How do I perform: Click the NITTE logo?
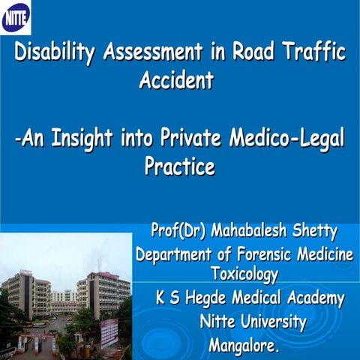pyautogui.click(x=16, y=17)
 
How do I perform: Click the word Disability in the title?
pyautogui.click(x=55, y=54)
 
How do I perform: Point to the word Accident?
pyautogui.click(x=176, y=80)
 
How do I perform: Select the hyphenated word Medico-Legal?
pyautogui.click(x=289, y=140)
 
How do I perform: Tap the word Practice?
pyautogui.click(x=179, y=166)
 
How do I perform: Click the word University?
pyautogui.click(x=273, y=322)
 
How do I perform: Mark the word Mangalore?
pyautogui.click(x=243, y=346)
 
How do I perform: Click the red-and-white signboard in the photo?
pyautogui.click(x=109, y=330)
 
